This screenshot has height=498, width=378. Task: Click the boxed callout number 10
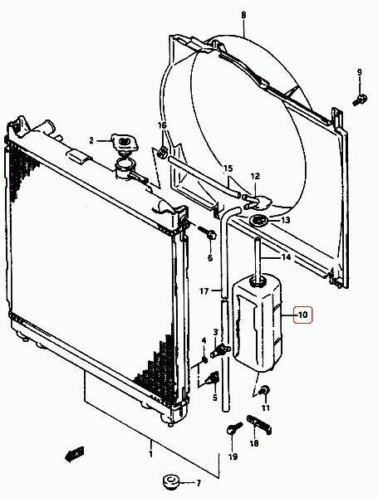coord(302,315)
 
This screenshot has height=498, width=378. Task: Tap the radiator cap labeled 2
coord(124,143)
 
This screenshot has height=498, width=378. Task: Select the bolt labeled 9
coord(361,100)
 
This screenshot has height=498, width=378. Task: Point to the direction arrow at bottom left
coord(75,453)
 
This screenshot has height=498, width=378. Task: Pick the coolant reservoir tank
coord(258,322)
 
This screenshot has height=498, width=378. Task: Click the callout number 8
coord(244,15)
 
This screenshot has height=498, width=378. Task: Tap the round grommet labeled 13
coord(259,221)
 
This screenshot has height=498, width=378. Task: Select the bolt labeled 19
coord(234,428)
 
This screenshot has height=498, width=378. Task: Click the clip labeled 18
coord(259,425)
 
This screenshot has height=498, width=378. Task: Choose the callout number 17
coord(204,290)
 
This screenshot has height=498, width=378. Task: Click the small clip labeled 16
coord(163,152)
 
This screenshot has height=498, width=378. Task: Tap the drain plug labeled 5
coord(213,378)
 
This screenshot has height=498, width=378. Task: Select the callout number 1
coord(150,454)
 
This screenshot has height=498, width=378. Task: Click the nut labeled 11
coord(265,390)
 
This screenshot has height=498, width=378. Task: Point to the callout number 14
coord(286,257)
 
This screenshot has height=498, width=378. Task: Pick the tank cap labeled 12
coord(258,202)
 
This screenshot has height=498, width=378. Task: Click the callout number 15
coord(228,168)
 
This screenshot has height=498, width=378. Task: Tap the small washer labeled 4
coord(205,359)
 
